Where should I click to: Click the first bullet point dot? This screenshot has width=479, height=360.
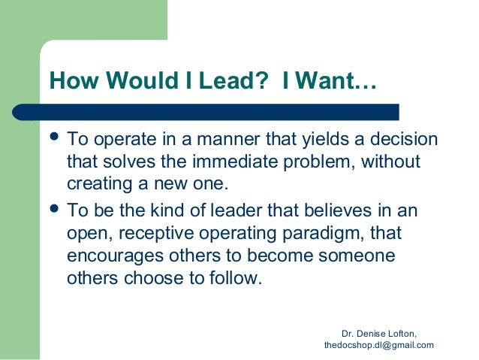(x=56, y=138)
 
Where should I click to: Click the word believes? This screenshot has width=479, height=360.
(x=338, y=211)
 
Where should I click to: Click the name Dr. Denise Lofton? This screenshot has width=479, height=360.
(x=378, y=332)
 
